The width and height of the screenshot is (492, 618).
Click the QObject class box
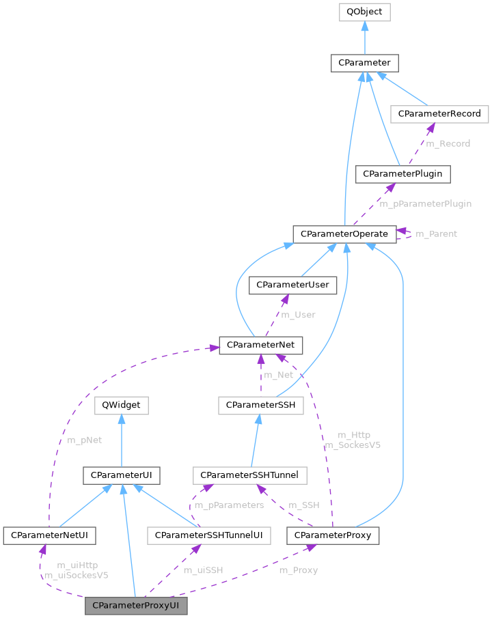[x=365, y=12]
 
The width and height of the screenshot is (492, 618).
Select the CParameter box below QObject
[x=365, y=63]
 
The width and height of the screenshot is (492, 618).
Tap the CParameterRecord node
[x=440, y=113]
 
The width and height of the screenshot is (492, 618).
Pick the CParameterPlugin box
[x=403, y=174]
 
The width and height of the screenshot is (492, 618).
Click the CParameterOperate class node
[x=344, y=234]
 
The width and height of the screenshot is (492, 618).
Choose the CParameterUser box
[x=292, y=285]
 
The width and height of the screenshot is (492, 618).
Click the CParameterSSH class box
[x=260, y=405]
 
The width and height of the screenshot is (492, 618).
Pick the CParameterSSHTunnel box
[x=251, y=474]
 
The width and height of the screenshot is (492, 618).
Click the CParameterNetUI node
[x=49, y=535]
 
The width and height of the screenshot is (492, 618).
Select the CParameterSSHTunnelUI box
[x=209, y=535]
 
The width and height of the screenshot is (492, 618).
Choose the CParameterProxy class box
[x=333, y=535]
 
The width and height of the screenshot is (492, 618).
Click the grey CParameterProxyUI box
[x=136, y=606]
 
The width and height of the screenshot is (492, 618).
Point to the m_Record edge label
[x=448, y=143]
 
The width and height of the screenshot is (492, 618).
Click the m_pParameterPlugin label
[x=425, y=204]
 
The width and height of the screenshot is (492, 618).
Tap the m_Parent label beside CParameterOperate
[x=437, y=234]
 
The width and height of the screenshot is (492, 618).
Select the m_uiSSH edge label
[x=204, y=570]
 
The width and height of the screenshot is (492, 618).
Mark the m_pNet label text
[x=84, y=440]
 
